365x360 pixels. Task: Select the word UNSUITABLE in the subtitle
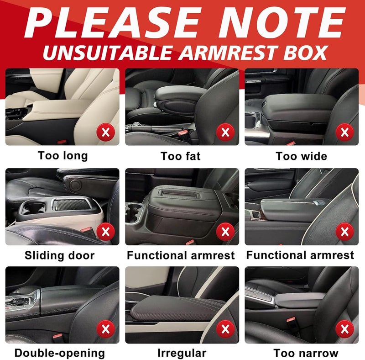[108, 53]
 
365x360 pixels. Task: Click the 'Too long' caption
[63, 156]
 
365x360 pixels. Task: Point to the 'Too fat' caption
[180, 156]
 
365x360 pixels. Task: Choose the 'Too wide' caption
[302, 156]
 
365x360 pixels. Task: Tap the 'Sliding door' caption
[60, 255]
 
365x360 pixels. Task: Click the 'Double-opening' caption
[60, 353]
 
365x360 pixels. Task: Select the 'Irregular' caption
[182, 353]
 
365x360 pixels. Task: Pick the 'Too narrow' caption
[306, 353]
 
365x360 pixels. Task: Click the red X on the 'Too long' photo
[106, 132]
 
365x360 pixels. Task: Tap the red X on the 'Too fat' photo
[225, 132]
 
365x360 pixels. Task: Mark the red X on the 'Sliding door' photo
[106, 232]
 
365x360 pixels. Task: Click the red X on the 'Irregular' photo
[225, 329]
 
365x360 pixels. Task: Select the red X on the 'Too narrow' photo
[345, 329]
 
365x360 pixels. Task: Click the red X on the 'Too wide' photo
[345, 132]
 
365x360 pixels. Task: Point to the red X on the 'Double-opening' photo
[106, 329]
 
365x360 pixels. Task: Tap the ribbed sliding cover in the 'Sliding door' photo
[71, 205]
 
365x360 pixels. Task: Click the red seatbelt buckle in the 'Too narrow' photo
[291, 319]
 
